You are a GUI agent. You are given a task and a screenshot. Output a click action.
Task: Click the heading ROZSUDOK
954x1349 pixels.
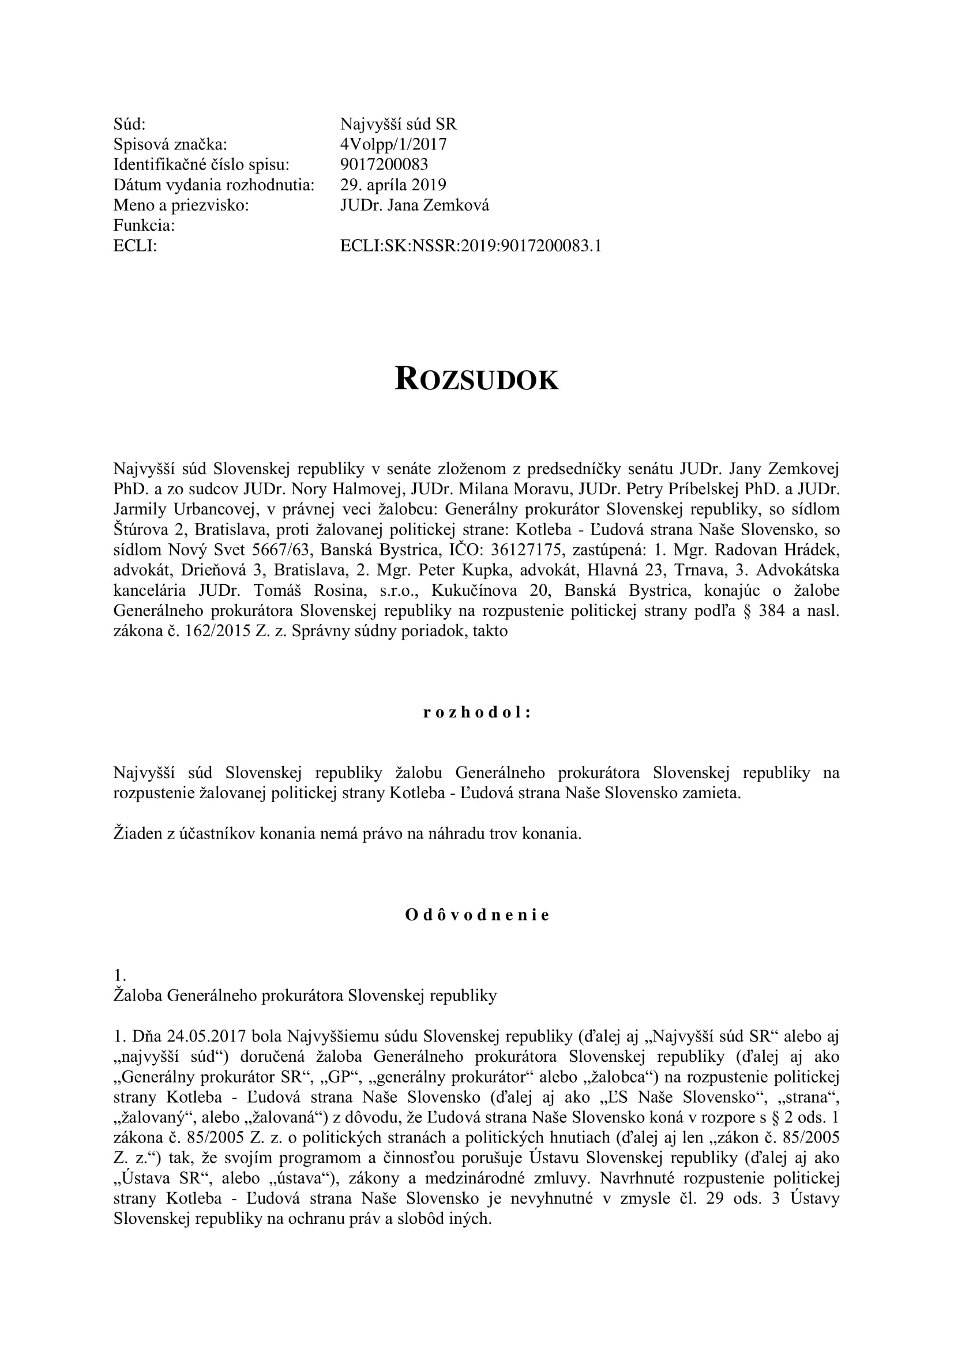click(476, 379)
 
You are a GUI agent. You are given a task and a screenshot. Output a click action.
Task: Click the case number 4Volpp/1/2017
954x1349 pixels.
click(393, 144)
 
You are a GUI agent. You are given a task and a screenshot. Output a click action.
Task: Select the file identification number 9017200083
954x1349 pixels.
click(384, 164)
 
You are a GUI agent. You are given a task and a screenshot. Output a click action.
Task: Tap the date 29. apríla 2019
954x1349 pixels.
click(393, 185)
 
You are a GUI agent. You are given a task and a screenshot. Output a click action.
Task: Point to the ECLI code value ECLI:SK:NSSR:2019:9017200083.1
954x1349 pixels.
click(471, 246)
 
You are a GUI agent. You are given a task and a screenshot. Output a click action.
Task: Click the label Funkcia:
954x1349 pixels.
click(144, 225)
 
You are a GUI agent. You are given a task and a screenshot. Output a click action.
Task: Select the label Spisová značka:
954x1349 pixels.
click(170, 144)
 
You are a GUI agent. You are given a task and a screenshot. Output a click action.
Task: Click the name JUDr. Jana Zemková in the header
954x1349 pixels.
click(414, 205)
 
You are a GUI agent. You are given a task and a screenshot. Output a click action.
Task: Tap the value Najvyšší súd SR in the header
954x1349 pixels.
click(398, 124)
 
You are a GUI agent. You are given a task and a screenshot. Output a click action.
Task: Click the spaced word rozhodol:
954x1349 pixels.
click(476, 713)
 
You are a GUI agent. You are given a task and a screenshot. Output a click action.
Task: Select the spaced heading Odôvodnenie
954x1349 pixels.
click(476, 915)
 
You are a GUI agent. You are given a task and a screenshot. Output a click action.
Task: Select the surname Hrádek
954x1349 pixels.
click(814, 550)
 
